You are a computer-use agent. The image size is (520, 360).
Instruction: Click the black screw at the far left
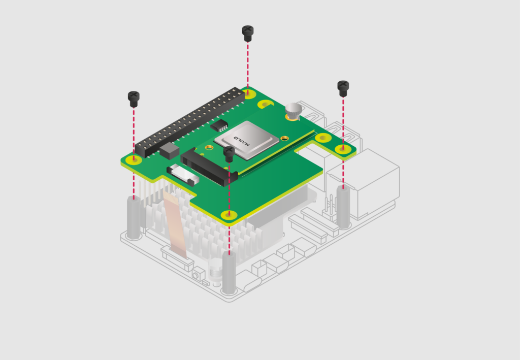pos(134,98)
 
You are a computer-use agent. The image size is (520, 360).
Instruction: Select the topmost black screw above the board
pos(247,33)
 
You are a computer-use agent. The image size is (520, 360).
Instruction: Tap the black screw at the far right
pos(343,88)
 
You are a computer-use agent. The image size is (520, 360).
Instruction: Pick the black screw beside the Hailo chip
pos(229,153)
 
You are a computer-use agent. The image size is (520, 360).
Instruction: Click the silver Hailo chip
pos(247,137)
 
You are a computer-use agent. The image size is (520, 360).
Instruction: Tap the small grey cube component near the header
pos(170,150)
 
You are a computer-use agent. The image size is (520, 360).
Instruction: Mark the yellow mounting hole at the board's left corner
pos(134,159)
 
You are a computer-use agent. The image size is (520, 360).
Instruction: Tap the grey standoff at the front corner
pos(229,274)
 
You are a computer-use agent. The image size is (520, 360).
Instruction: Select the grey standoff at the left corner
pos(134,218)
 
